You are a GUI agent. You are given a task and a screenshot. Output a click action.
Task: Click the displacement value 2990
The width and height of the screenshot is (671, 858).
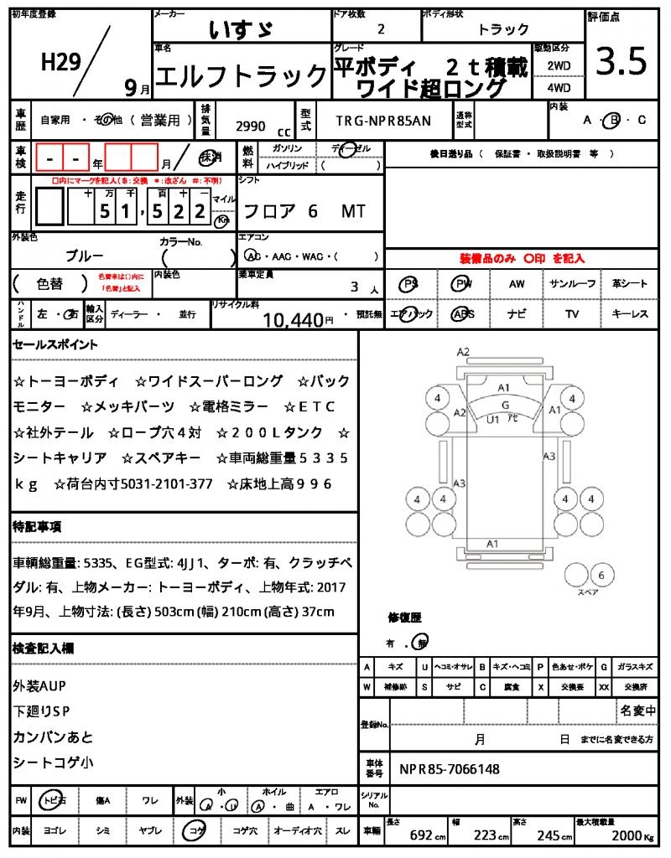pos(250,127)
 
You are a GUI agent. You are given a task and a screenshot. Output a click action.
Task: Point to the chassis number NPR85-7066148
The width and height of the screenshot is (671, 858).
pos(449,768)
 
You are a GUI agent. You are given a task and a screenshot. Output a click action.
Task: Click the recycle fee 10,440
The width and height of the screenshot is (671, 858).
pos(293,319)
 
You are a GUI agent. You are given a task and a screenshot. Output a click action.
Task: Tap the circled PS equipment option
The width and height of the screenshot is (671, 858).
pos(409,284)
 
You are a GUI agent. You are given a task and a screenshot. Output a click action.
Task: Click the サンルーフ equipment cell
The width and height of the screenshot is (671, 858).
pos(573,284)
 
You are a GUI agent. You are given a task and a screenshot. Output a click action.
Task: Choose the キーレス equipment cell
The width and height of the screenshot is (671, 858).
pos(630,314)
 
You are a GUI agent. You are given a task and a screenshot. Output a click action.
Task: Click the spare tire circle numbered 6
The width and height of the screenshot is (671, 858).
pos(601,575)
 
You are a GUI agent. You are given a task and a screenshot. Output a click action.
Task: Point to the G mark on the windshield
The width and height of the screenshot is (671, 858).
pos(505,405)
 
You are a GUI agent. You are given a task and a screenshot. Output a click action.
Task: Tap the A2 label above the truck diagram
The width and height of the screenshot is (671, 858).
pos(463,352)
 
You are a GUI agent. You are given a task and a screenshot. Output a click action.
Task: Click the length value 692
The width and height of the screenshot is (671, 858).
pos(420,835)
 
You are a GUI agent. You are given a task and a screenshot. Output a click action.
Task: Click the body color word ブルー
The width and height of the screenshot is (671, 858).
pos(85,256)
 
